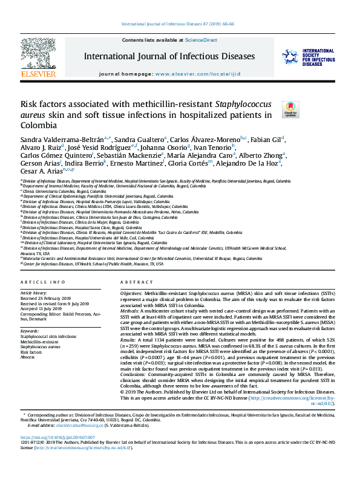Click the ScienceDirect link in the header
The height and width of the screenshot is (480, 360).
click(x=200, y=39)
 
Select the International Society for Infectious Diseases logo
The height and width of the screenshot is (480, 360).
click(x=309, y=57)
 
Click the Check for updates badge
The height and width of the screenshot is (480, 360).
click(x=290, y=109)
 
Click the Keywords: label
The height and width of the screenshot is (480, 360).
click(x=29, y=331)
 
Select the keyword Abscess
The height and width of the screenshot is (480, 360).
click(x=28, y=357)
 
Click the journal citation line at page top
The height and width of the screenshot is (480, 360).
click(x=180, y=25)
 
